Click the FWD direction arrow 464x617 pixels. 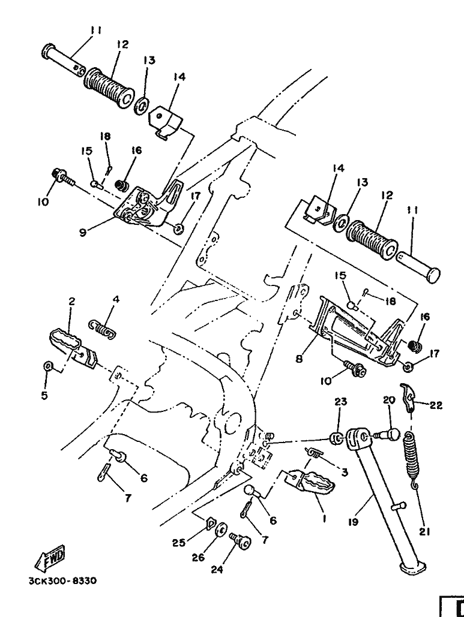pos(50,558)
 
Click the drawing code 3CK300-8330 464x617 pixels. pos(62,581)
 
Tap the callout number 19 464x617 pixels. pos(354,522)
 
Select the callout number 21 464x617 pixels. pos(423,532)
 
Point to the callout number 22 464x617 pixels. pos(436,405)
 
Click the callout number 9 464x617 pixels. pos(83,233)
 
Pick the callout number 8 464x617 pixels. pos(299,359)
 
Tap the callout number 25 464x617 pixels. pos(178,543)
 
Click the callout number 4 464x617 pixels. pos(115,299)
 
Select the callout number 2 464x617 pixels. pos(71,302)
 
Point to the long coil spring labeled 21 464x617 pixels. pos(411,459)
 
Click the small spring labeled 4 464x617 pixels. pos(103,327)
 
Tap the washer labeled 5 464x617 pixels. pos(47,366)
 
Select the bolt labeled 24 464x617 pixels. pos(240,540)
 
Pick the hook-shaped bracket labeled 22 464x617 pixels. pos(408,397)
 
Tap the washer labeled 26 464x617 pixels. pos(221,531)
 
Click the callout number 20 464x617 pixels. pos(389,401)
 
